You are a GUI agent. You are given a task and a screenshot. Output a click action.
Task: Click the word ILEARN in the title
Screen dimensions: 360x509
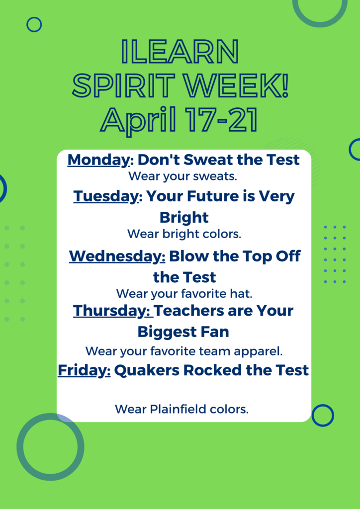tap(180, 52)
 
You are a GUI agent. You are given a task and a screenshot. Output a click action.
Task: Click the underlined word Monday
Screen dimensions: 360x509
tap(98, 160)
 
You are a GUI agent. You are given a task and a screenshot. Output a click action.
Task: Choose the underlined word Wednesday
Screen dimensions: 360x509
tap(117, 256)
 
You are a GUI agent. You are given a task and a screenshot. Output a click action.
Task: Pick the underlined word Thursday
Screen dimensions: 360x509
tap(112, 311)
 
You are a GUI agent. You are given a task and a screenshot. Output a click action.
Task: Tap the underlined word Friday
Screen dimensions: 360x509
tap(84, 370)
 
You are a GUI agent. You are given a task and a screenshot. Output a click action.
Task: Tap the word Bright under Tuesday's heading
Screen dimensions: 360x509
tap(184, 218)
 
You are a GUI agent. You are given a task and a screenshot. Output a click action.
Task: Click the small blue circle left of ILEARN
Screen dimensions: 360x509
tap(34, 18)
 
